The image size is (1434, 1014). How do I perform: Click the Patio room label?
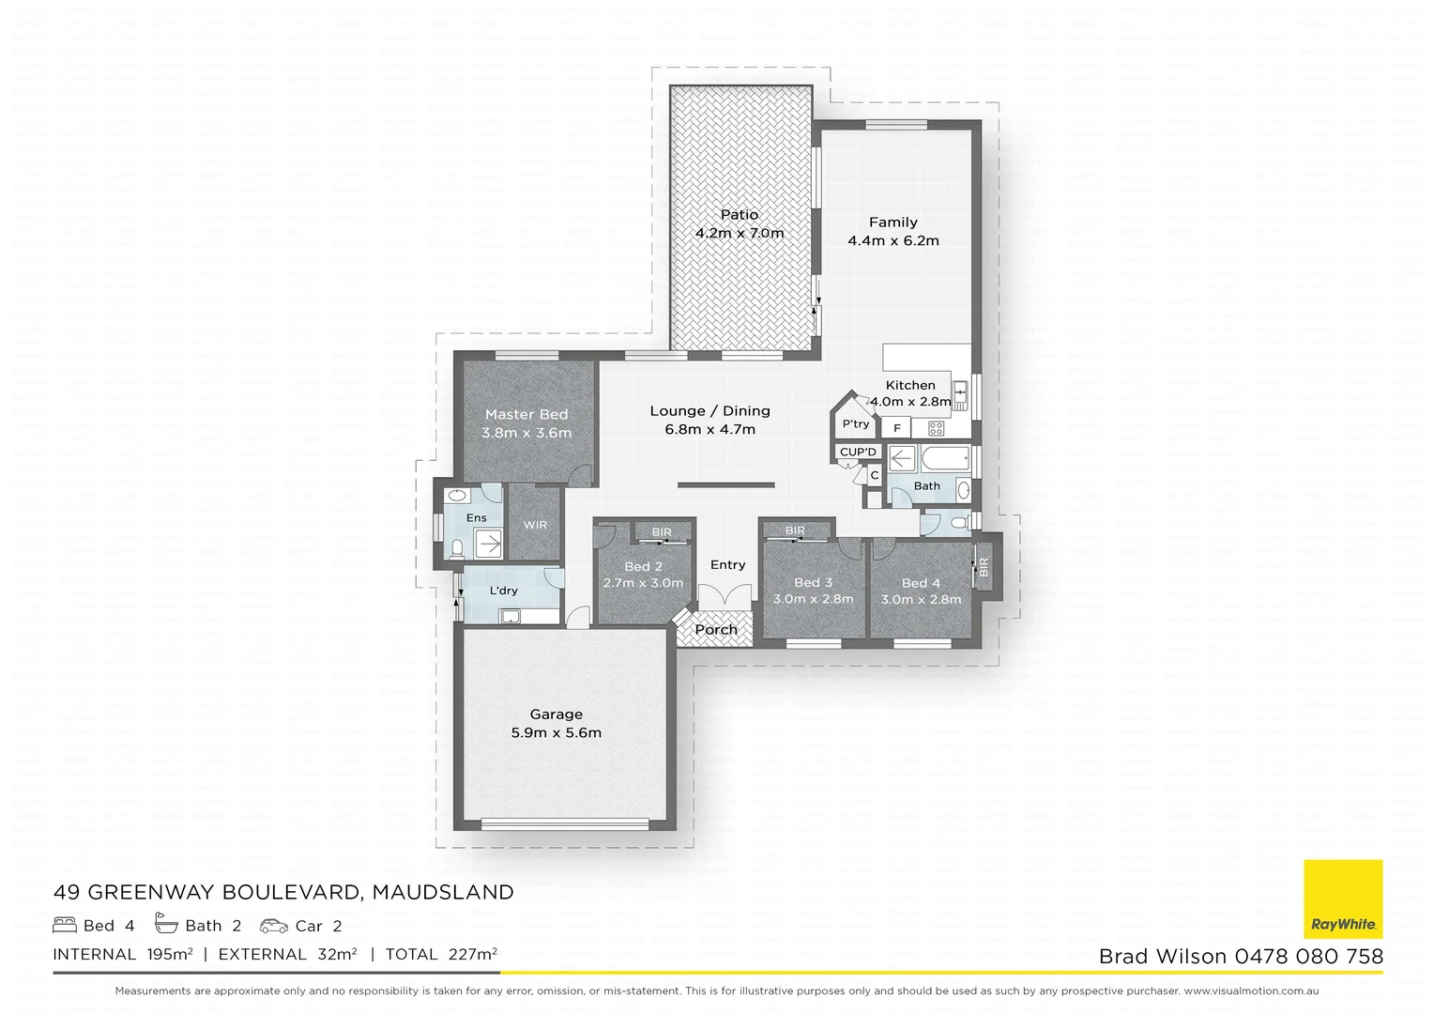pos(740,215)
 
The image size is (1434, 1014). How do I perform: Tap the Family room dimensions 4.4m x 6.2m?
pos(892,240)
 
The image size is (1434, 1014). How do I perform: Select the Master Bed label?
pos(526,414)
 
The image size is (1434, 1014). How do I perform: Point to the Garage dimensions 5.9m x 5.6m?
pos(556,732)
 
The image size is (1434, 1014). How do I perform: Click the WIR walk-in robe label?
pos(535,525)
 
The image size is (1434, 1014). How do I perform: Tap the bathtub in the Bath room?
pos(946,460)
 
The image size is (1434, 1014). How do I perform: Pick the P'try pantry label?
pos(855,424)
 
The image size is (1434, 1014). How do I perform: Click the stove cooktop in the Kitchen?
pos(936,428)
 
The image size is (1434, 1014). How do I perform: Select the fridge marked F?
pos(897,428)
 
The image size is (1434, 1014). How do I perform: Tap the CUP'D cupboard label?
pos(858,452)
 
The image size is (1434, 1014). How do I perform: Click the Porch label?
pos(716,630)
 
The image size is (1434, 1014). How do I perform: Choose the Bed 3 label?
pos(813,582)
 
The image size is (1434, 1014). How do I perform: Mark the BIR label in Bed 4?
pos(984,567)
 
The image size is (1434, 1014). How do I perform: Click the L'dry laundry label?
pos(504,591)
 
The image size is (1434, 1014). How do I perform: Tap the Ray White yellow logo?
pos(1343,899)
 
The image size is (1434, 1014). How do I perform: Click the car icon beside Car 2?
pos(274,926)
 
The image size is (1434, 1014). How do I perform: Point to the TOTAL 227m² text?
pos(440,954)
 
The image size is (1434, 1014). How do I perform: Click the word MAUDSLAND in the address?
pos(443,892)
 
